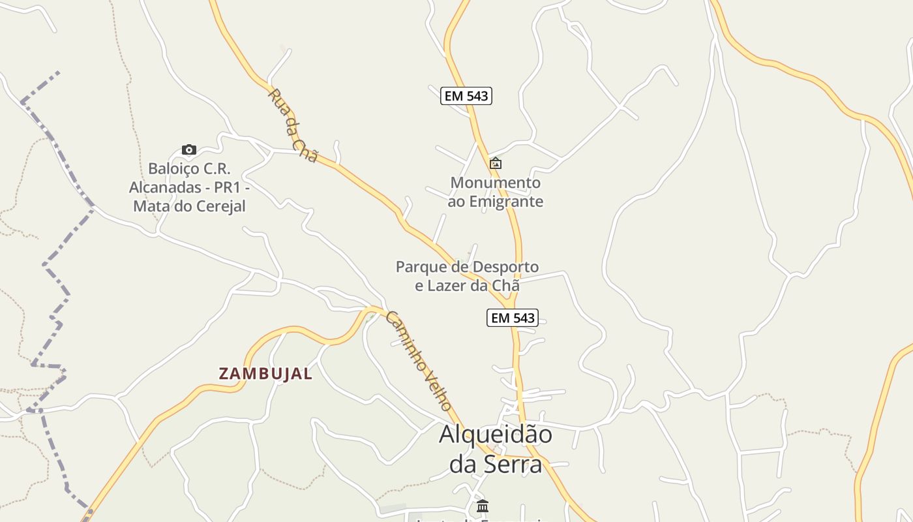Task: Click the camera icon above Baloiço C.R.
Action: coord(189,150)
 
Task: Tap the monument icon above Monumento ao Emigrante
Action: coord(496,163)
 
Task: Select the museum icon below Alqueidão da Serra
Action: coord(483,506)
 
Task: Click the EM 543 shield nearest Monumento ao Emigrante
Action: coord(466,96)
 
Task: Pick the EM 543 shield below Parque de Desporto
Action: coord(512,318)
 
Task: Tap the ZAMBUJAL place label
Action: coord(265,374)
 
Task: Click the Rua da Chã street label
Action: coord(293,125)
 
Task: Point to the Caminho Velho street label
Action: coord(419,360)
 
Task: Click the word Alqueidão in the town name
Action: coord(496,435)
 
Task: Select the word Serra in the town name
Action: coord(513,464)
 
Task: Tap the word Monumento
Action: coord(496,183)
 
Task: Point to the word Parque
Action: coord(421,267)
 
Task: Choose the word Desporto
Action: coord(505,267)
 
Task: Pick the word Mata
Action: coord(149,206)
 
